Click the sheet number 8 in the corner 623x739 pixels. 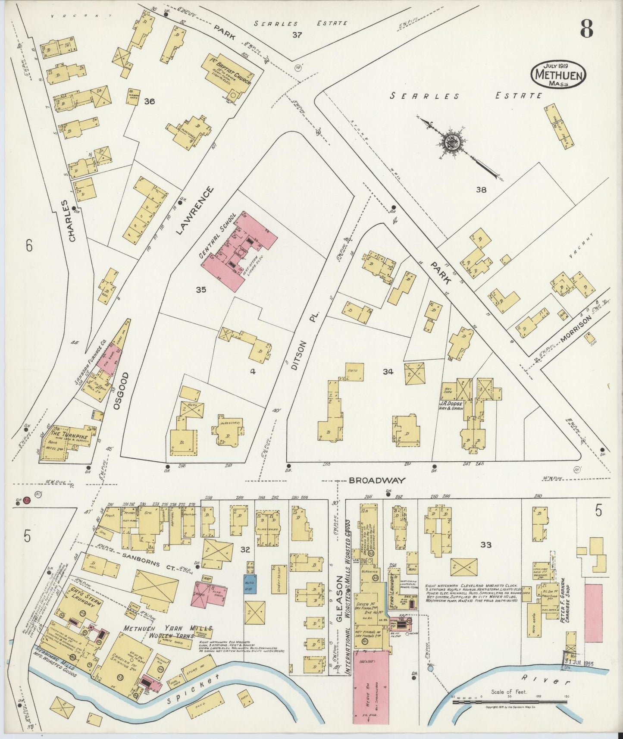pyautogui.click(x=586, y=30)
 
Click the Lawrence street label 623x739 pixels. pyautogui.click(x=194, y=210)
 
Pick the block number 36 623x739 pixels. pyautogui.click(x=150, y=102)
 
